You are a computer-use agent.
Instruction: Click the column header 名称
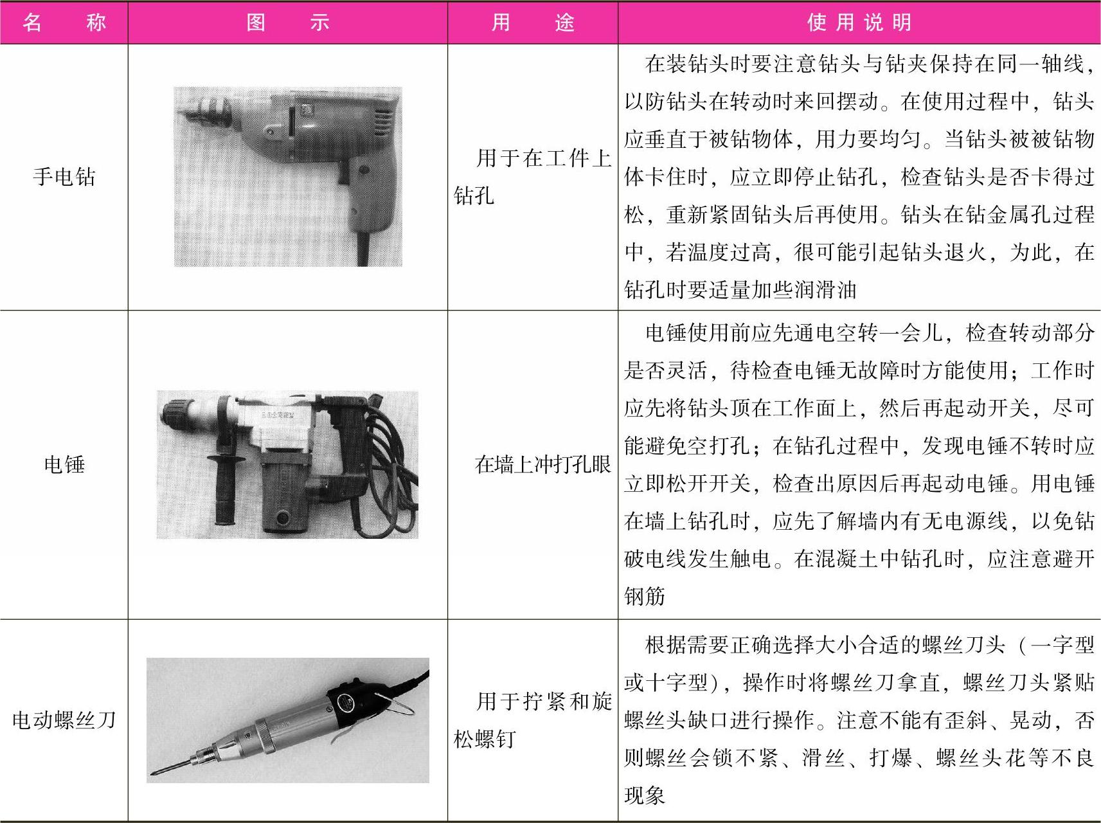pos(64,23)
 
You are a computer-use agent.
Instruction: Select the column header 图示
pos(287,23)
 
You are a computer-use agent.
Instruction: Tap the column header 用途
pos(532,23)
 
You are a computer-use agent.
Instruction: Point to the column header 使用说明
pos(859,23)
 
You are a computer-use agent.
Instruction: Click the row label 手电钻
pos(64,177)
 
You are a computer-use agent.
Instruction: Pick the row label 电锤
pos(64,464)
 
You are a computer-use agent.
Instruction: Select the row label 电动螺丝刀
pos(64,719)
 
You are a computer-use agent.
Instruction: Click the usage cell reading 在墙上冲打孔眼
pos(542,464)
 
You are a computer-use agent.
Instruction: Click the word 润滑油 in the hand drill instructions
pos(825,289)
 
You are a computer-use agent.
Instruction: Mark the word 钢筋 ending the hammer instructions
pos(645,596)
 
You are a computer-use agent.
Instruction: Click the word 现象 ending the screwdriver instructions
pos(645,795)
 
